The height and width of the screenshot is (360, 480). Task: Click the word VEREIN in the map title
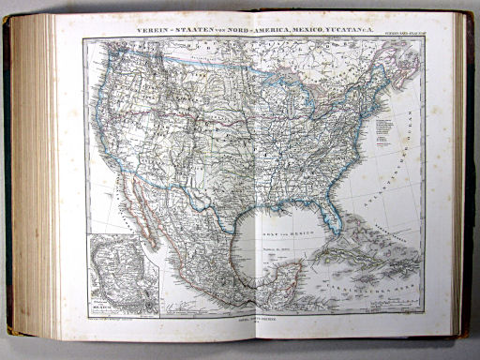click(x=154, y=31)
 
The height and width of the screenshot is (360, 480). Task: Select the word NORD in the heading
click(x=237, y=31)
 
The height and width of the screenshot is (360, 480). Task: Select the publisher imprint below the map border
click(x=251, y=322)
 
